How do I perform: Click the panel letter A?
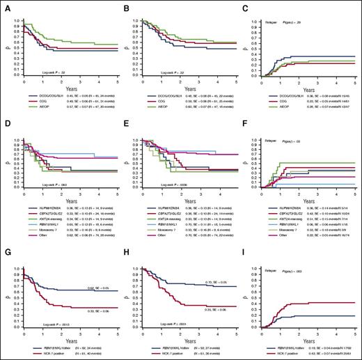tap(4, 4)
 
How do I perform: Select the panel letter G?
tap(4, 243)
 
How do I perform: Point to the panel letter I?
tap(249, 243)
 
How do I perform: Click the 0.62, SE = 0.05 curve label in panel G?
tap(95, 269)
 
